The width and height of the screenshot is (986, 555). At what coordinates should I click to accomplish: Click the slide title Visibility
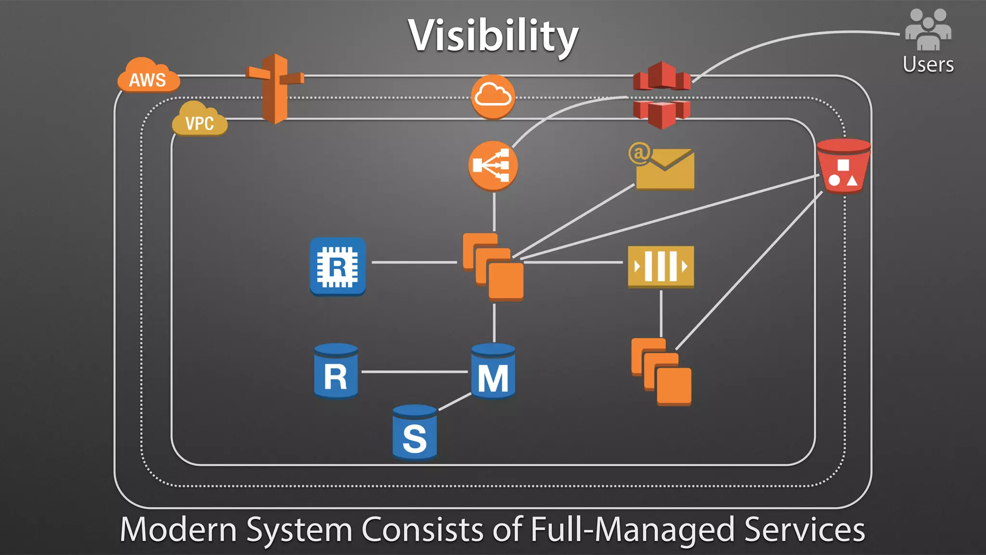pyautogui.click(x=493, y=36)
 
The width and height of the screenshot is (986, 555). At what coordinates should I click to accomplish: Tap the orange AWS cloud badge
pyautogui.click(x=148, y=77)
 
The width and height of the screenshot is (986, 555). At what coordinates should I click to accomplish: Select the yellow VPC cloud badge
pyautogui.click(x=200, y=120)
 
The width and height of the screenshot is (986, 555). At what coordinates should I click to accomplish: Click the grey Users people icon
pyautogui.click(x=928, y=30)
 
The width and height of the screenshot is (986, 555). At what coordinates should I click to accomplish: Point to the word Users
pyautogui.click(x=928, y=65)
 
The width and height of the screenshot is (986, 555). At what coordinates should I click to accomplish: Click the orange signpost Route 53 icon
pyautogui.click(x=275, y=89)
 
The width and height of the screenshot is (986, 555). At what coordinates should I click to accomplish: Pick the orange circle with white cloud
pyautogui.click(x=493, y=96)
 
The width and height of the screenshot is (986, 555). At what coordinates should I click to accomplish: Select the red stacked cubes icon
pyautogui.click(x=662, y=95)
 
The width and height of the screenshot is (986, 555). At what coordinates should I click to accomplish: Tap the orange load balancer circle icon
pyautogui.click(x=493, y=166)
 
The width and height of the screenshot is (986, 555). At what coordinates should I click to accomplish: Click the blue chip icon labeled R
pyautogui.click(x=337, y=266)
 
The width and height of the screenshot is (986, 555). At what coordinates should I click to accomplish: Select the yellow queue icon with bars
pyautogui.click(x=661, y=266)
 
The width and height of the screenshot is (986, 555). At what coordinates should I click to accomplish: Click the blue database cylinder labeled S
pyautogui.click(x=415, y=433)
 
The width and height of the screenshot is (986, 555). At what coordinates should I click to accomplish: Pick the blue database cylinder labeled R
pyautogui.click(x=336, y=371)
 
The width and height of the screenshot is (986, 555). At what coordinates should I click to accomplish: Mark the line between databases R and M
pyautogui.click(x=414, y=372)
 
